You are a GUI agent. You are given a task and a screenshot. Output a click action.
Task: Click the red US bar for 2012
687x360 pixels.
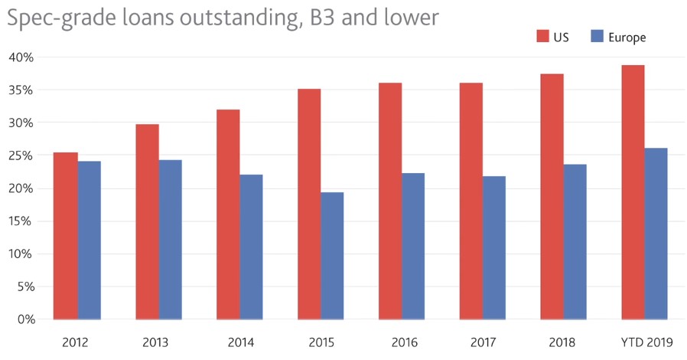tap(66, 236)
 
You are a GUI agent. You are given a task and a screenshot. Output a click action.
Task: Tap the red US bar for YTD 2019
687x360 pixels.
tap(633, 192)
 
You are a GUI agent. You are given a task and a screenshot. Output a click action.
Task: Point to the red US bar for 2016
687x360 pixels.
tap(390, 201)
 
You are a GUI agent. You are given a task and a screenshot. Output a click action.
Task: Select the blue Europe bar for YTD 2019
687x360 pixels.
tap(656, 234)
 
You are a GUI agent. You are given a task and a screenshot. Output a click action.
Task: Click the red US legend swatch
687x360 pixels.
tap(543, 36)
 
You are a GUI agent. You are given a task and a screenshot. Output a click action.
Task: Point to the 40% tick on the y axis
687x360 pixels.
tap(21, 57)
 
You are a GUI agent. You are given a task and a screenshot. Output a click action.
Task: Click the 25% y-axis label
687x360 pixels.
tap(21, 155)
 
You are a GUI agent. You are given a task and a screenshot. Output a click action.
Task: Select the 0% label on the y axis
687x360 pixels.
tap(25, 319)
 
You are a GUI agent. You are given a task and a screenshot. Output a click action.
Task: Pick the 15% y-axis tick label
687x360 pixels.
tap(21, 221)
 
